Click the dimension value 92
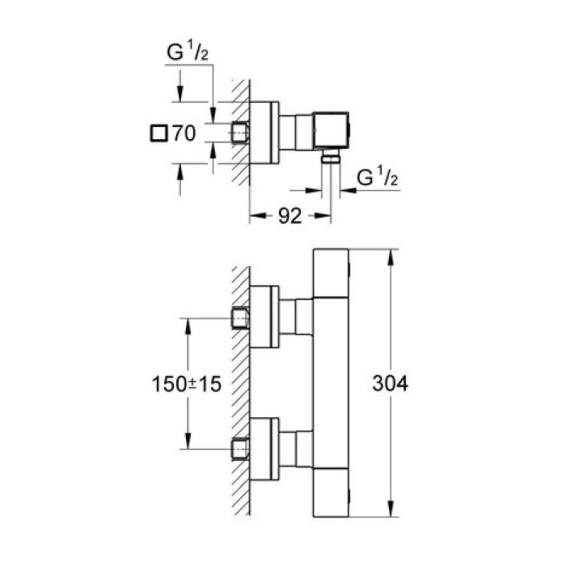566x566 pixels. coord(289,217)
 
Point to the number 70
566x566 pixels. coord(184,134)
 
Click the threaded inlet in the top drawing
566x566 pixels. coord(239,131)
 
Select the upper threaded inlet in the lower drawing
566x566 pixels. coord(239,317)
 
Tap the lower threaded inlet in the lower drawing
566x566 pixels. coord(239,447)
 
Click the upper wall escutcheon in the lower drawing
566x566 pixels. coord(264,317)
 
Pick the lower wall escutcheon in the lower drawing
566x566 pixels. coord(264,447)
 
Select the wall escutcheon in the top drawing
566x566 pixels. coord(264,131)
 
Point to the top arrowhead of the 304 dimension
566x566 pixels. coord(391,256)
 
